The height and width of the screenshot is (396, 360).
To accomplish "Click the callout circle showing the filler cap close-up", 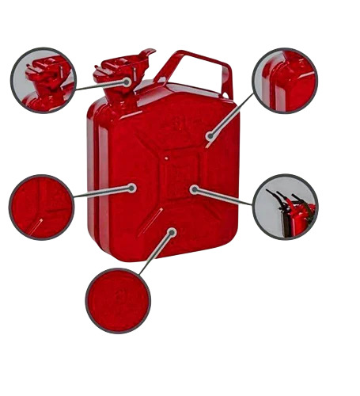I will [x=43, y=80].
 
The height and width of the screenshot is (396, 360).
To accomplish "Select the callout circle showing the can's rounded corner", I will [x=285, y=80].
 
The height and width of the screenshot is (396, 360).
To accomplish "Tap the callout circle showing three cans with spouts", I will [x=286, y=207].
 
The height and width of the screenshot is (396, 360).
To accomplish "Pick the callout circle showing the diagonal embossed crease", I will [x=41, y=207].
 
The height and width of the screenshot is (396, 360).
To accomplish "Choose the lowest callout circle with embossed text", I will [x=118, y=300].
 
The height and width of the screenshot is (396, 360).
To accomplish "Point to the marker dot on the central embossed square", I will [x=192, y=189].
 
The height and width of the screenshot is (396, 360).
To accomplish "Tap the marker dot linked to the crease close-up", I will [x=133, y=188].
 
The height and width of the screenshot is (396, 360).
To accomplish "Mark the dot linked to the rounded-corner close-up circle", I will [x=209, y=136].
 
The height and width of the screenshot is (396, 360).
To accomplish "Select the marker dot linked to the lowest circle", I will [x=172, y=231].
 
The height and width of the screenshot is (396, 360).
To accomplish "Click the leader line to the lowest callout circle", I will [x=156, y=253].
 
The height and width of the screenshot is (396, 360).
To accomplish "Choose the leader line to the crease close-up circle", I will [x=103, y=190].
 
